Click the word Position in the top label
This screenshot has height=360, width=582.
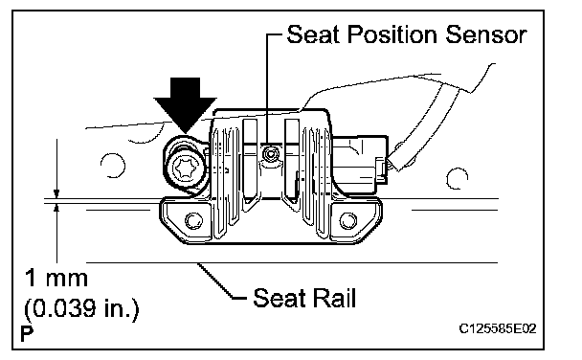pyautogui.click(x=392, y=34)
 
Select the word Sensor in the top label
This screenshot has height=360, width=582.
pyautogui.click(x=485, y=34)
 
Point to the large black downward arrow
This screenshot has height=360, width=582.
pyautogui.click(x=185, y=105)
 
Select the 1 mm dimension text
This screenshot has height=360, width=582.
pyautogui.click(x=56, y=278)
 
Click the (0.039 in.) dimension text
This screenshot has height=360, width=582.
pyautogui.click(x=81, y=308)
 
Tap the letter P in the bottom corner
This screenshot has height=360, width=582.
pyautogui.click(x=27, y=333)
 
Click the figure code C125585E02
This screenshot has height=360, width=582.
pyautogui.click(x=498, y=328)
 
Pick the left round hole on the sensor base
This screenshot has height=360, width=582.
pyautogui.click(x=193, y=221)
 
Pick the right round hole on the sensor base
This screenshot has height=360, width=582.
pyautogui.click(x=347, y=220)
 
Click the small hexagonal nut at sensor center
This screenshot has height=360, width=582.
pyautogui.click(x=271, y=153)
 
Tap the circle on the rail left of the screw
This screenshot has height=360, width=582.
pyautogui.click(x=112, y=165)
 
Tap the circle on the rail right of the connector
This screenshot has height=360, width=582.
pyautogui.click(x=457, y=178)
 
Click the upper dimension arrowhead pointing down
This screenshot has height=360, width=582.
pyautogui.click(x=56, y=193)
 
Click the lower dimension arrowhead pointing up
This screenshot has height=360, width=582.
pyautogui.click(x=56, y=208)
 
